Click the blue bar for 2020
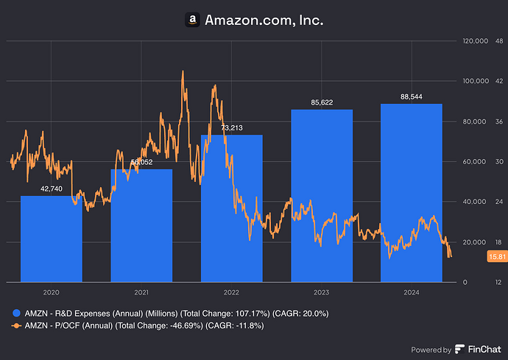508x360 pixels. point(51,239)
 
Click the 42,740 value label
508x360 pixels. point(51,189)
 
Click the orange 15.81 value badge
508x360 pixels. point(496,256)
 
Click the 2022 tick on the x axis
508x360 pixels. point(231,292)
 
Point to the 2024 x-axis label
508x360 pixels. point(411,292)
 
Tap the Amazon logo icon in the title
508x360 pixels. point(192,21)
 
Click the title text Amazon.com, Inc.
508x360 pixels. point(264,21)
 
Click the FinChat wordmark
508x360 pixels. point(481,350)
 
